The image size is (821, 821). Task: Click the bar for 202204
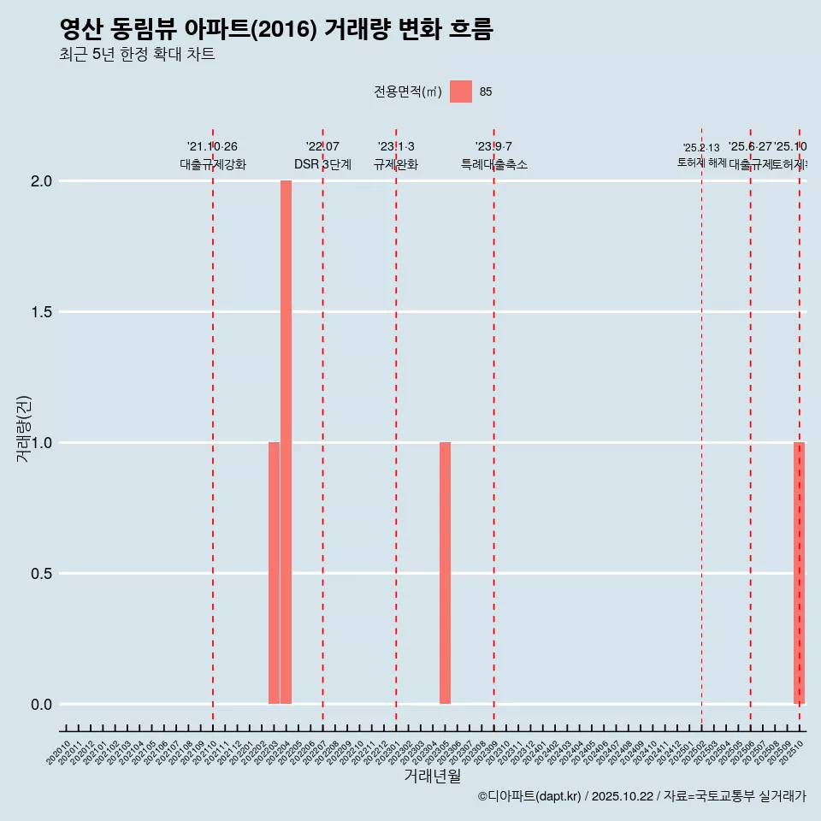click(x=286, y=442)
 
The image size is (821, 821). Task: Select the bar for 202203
click(x=274, y=573)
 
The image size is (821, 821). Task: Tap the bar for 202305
click(x=445, y=573)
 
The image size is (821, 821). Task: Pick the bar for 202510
click(x=799, y=573)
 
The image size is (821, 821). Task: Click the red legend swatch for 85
click(x=461, y=92)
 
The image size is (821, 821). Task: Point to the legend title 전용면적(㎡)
click(x=408, y=92)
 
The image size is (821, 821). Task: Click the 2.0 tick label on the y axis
click(x=42, y=181)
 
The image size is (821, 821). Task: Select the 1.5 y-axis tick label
click(x=42, y=312)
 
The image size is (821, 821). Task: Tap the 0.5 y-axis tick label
click(x=42, y=574)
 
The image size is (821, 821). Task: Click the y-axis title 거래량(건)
click(x=24, y=428)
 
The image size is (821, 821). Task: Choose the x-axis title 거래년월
click(x=432, y=777)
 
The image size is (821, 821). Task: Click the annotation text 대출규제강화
click(x=213, y=164)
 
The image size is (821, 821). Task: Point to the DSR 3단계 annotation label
click(x=322, y=164)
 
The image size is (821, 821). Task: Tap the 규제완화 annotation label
click(x=396, y=164)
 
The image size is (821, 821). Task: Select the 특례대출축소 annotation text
click(x=493, y=164)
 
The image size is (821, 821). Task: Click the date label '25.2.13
click(x=701, y=148)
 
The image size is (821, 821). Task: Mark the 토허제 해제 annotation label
click(x=701, y=162)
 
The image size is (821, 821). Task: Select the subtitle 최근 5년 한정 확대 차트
click(x=137, y=55)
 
